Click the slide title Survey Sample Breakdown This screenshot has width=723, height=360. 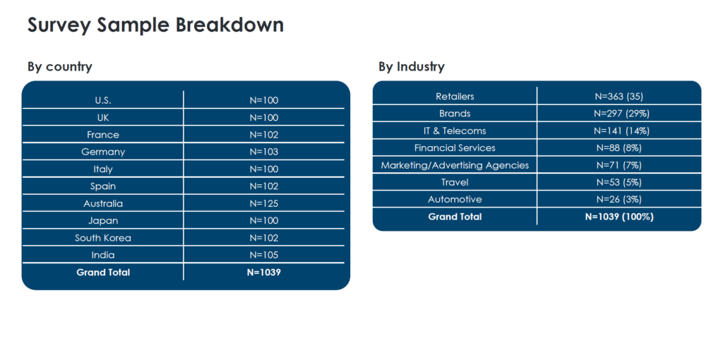[155, 25]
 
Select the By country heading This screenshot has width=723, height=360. [60, 67]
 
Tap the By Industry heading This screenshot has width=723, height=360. [412, 67]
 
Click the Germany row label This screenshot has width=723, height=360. [103, 152]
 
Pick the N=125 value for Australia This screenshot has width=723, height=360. [264, 203]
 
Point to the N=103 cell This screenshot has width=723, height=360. [264, 152]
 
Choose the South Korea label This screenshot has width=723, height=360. [103, 238]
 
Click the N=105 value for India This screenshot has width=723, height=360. [264, 255]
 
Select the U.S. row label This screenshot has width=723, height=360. [103, 100]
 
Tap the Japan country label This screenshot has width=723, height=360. [103, 221]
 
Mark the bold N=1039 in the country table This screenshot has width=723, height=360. [264, 272]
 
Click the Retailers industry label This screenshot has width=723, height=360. [455, 96]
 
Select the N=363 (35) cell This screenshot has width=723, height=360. [619, 96]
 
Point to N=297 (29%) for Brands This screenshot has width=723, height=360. [619, 114]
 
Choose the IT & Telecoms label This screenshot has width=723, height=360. [455, 131]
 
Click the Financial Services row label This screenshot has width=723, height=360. [455, 148]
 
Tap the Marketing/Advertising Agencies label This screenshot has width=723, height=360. [455, 165]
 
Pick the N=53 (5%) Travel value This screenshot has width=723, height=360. [619, 182]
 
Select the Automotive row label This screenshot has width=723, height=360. [455, 200]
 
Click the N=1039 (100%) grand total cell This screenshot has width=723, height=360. [619, 217]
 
